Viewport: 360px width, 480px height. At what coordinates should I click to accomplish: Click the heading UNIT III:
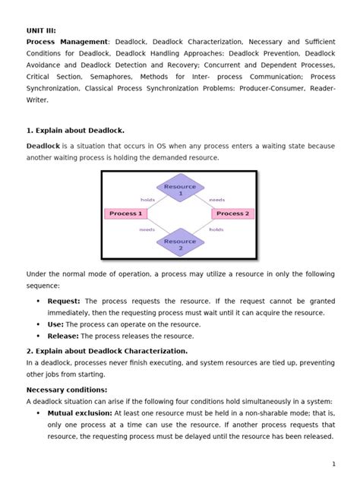tap(42, 30)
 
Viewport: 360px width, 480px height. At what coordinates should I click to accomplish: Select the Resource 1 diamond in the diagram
tap(180, 190)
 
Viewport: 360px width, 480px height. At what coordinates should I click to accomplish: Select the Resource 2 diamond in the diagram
tap(180, 245)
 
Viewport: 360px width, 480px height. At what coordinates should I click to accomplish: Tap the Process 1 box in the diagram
tap(126, 213)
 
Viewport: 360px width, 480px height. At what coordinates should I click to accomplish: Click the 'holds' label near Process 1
tap(147, 200)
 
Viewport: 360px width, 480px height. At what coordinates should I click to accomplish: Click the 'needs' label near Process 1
tap(147, 228)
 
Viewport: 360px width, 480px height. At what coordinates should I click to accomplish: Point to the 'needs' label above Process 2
tap(216, 200)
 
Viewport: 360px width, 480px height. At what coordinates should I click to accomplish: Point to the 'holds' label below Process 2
tap(216, 228)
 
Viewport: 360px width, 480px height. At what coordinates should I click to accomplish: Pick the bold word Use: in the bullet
tap(55, 324)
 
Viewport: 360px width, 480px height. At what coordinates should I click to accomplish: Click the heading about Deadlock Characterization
tap(107, 351)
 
